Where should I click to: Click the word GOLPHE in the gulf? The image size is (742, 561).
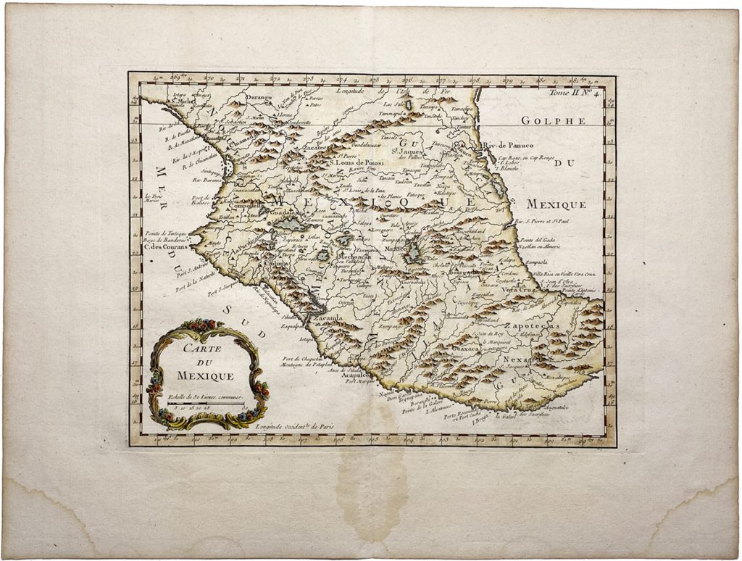pos(554,121)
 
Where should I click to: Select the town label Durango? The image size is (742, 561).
pos(257,97)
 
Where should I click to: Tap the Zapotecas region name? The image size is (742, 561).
pos(533,328)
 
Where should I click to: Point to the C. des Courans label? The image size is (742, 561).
pos(166,246)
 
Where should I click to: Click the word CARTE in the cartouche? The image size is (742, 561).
pos(202,348)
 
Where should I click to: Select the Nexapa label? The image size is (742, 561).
pos(517,360)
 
